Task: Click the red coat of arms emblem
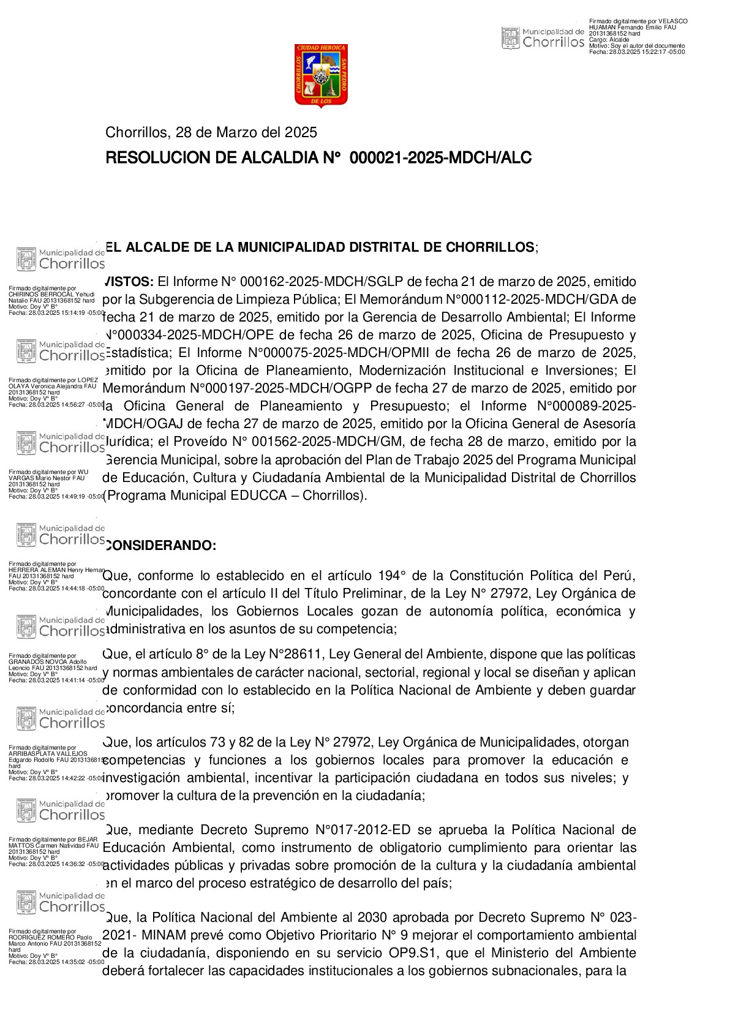pos(321,75)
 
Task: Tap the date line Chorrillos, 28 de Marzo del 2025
pos(211,132)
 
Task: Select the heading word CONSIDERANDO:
pos(161,546)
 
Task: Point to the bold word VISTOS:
pos(129,282)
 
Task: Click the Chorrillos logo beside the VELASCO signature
pos(543,38)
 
